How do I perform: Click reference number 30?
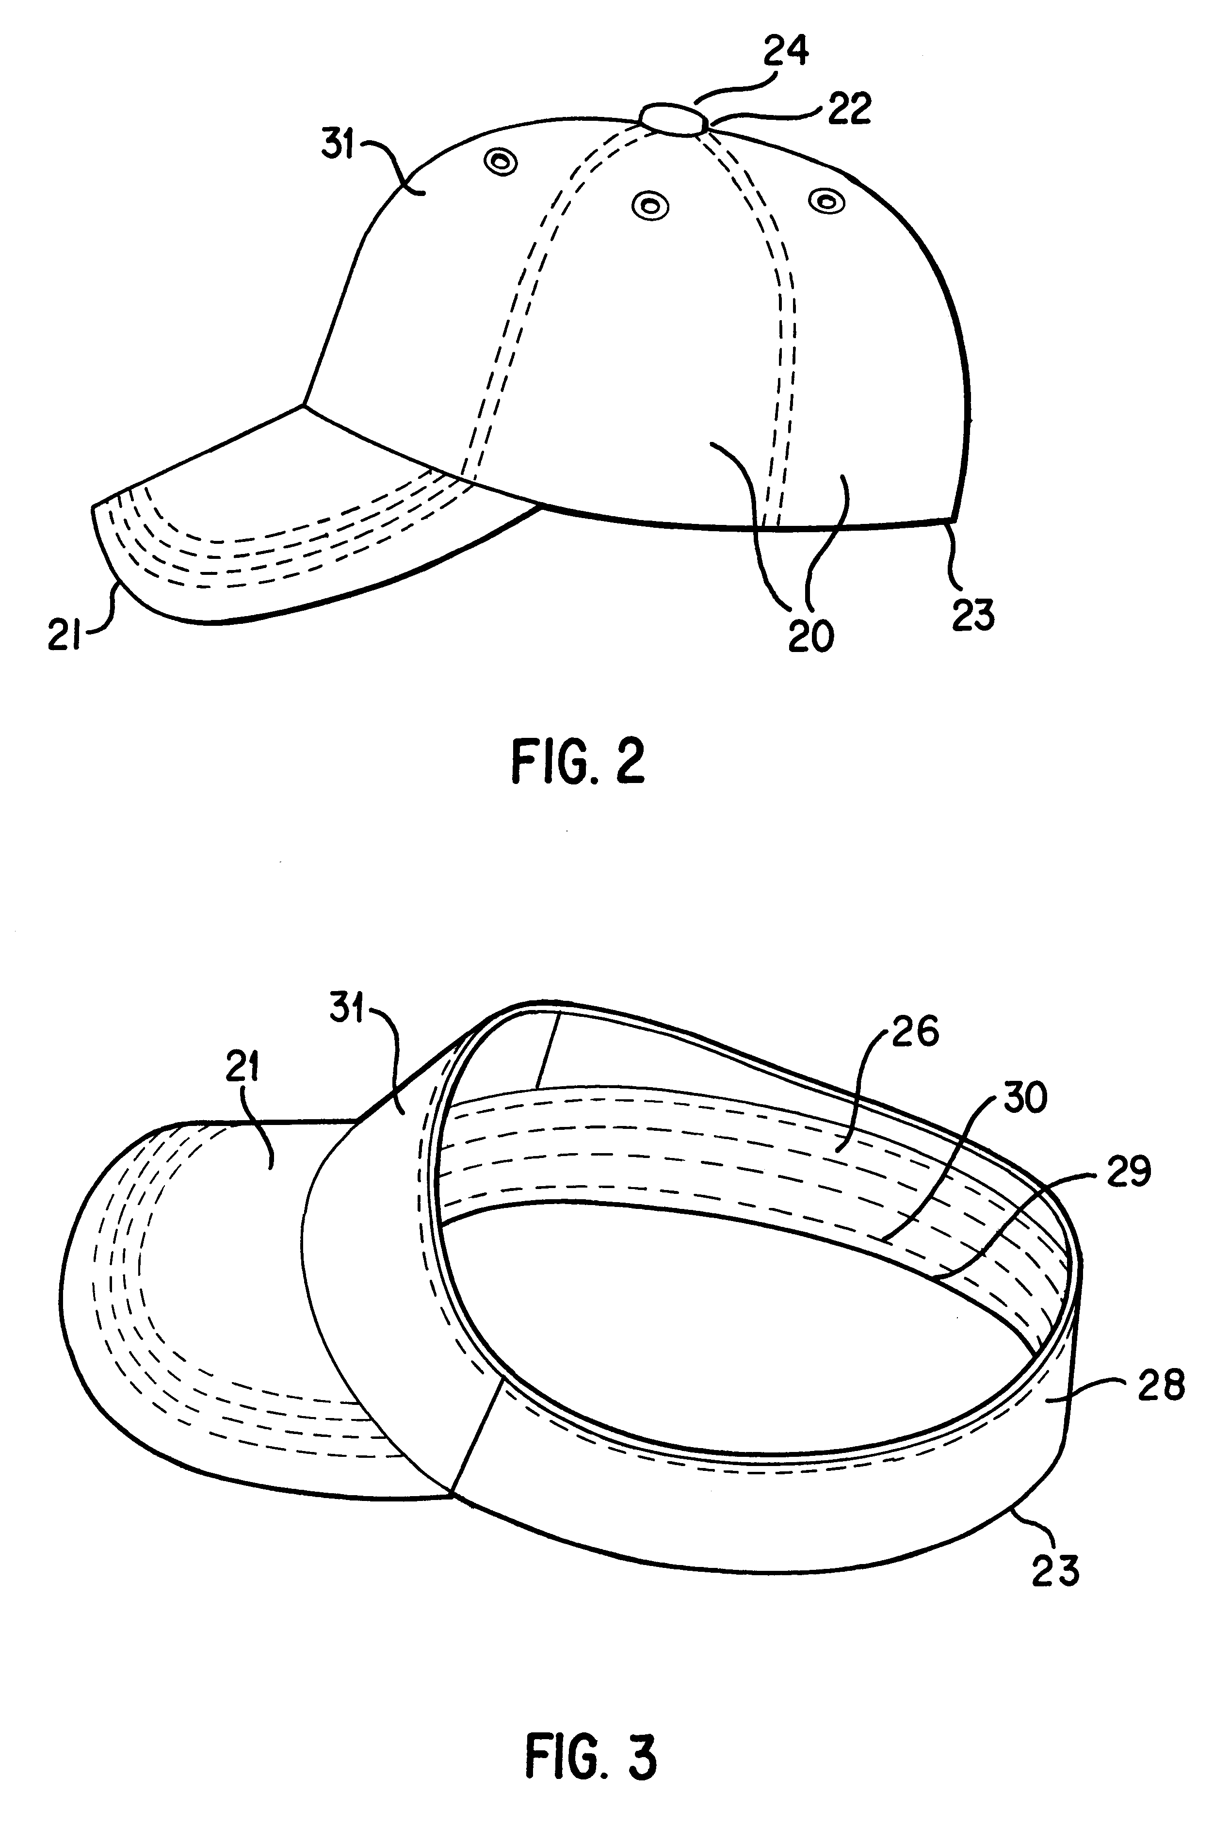pos(1024,1098)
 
